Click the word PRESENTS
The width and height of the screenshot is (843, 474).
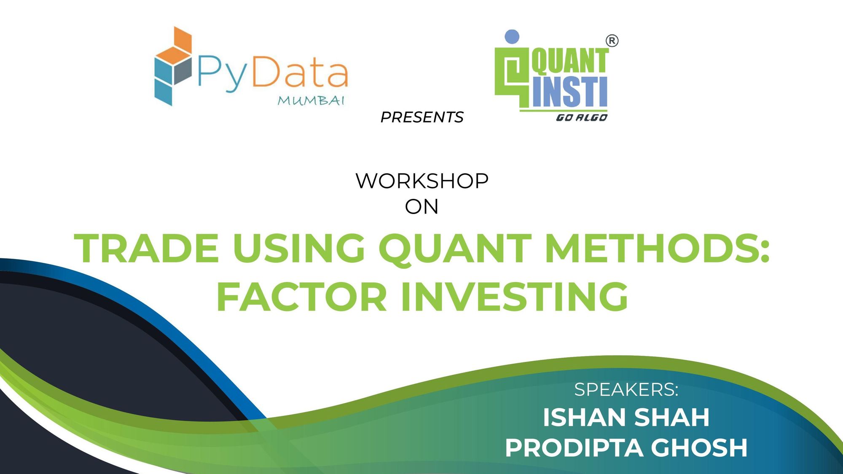click(421, 117)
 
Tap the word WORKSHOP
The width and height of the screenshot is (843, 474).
click(422, 181)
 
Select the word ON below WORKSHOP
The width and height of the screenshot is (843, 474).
click(421, 207)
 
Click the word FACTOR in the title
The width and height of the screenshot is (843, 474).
click(301, 297)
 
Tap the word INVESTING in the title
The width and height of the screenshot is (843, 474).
click(514, 297)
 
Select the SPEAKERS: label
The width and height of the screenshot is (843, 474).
click(626, 390)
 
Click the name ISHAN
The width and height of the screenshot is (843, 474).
click(582, 418)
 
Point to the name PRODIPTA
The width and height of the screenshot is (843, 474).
click(574, 447)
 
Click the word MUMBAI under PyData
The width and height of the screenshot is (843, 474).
click(311, 101)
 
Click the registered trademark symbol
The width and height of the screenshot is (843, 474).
click(612, 41)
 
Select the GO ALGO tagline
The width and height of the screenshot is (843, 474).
click(581, 118)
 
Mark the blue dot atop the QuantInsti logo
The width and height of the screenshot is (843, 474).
click(512, 37)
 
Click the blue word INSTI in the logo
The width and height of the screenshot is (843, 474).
click(569, 91)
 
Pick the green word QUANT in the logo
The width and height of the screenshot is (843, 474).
click(569, 61)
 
